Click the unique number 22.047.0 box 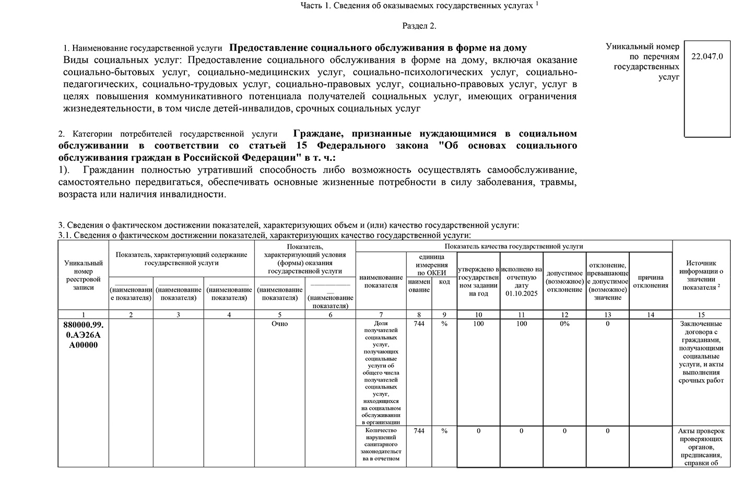coord(707,56)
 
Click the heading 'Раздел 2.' coord(419,26)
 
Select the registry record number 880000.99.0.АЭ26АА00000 coord(84,334)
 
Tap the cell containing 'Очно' coord(280,324)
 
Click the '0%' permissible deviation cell coord(564,324)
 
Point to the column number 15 coord(701,314)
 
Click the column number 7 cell coord(381,314)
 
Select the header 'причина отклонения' coord(651,281)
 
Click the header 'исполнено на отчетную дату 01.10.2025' coord(521,281)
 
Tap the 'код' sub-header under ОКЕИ coord(444,282)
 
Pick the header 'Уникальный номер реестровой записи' coord(84,275)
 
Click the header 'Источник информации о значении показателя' coord(701,275)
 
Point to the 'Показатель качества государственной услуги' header coord(514,246)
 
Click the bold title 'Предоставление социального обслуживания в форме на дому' coord(378,48)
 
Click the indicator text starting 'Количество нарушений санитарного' coord(381,444)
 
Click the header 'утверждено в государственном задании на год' coord(478,281)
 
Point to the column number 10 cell coord(478,314)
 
